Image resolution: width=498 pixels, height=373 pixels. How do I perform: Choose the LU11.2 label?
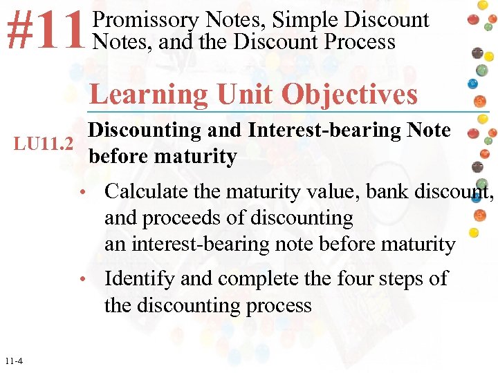[44, 144]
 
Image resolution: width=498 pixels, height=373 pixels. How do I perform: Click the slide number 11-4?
[12, 361]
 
